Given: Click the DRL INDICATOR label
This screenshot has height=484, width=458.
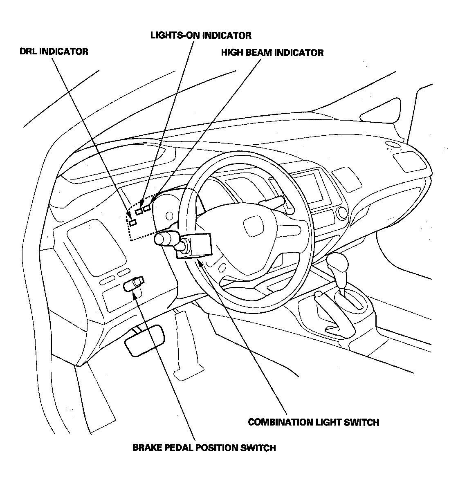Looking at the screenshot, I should pos(54,52).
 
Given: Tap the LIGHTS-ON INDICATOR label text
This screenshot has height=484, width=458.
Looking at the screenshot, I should pos(201,35).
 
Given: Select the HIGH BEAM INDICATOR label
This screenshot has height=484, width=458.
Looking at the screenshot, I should pos(272,53).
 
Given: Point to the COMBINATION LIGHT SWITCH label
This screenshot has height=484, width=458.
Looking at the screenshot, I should pos(313,422).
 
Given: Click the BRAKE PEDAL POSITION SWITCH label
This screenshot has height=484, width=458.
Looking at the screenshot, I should pos(204,448).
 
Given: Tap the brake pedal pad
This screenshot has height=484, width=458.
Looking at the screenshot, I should pos(145,341).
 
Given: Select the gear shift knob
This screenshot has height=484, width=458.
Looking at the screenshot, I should pos(338,263).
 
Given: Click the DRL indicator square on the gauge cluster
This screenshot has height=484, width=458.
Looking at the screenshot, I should pos(132,222).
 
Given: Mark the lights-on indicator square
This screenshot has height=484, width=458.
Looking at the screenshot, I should pos(139,211).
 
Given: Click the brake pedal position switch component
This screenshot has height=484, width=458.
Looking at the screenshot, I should pos(134,283).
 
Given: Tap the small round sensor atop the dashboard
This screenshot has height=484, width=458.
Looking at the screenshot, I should pos(392,144).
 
